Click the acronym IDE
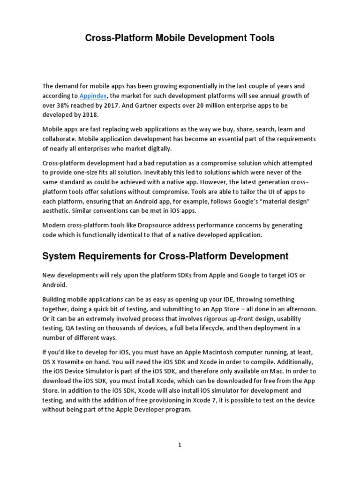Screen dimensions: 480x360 click(x=236, y=299)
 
